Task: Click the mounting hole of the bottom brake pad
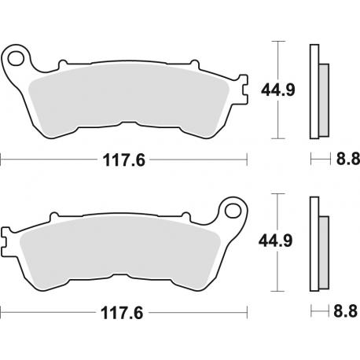[232, 210]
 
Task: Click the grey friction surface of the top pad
[126, 98]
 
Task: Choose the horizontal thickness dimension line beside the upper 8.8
[318, 160]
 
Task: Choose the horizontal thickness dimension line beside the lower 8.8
[318, 311]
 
